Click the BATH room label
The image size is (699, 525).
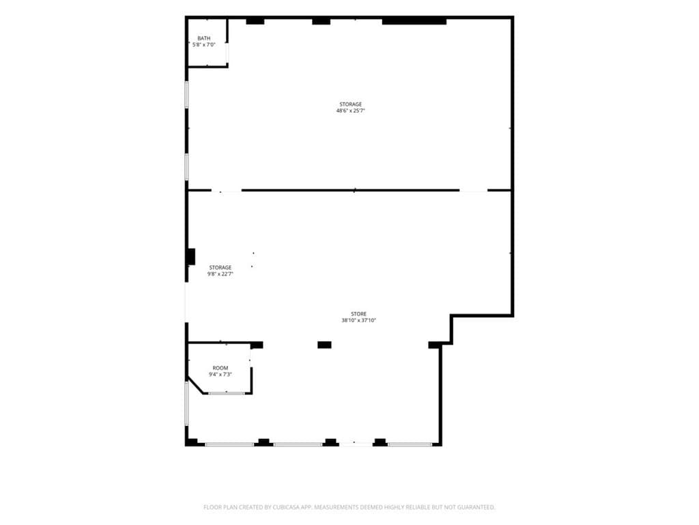pyautogui.click(x=203, y=38)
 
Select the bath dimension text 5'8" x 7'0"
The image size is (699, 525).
pyautogui.click(x=203, y=44)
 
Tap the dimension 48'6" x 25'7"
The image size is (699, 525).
pyautogui.click(x=350, y=111)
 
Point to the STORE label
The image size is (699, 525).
pyautogui.click(x=358, y=314)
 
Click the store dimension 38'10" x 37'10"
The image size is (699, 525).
pyautogui.click(x=359, y=320)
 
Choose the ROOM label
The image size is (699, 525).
pyautogui.click(x=220, y=368)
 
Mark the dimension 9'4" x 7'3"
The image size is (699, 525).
pyautogui.click(x=220, y=375)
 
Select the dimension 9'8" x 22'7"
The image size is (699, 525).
pyautogui.click(x=220, y=274)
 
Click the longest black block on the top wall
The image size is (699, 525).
pyautogui.click(x=414, y=21)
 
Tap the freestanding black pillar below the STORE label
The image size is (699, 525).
pyautogui.click(x=324, y=345)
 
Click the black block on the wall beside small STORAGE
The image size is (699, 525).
pyautogui.click(x=191, y=257)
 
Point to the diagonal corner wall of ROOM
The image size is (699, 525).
pyautogui.click(x=196, y=386)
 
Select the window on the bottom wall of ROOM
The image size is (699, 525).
pyautogui.click(x=227, y=393)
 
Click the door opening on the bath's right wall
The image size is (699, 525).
pyautogui.click(x=227, y=53)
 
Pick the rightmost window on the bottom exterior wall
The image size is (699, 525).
pyautogui.click(x=410, y=444)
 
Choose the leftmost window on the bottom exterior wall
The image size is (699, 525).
pyautogui.click(x=229, y=444)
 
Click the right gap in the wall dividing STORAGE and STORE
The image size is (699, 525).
pyautogui.click(x=474, y=191)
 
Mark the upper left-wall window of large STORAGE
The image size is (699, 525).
pyautogui.click(x=187, y=94)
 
